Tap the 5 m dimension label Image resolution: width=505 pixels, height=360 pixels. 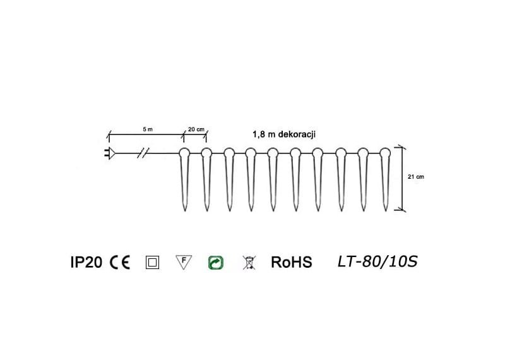click(148, 129)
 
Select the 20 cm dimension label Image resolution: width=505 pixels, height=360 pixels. click(196, 129)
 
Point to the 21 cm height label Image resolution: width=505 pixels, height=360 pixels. click(416, 177)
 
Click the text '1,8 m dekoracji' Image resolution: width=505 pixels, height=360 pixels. click(283, 135)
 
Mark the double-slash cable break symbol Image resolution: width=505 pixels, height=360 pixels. click(143, 153)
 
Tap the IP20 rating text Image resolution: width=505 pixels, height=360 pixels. click(86, 262)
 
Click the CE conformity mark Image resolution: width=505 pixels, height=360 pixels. click(120, 262)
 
